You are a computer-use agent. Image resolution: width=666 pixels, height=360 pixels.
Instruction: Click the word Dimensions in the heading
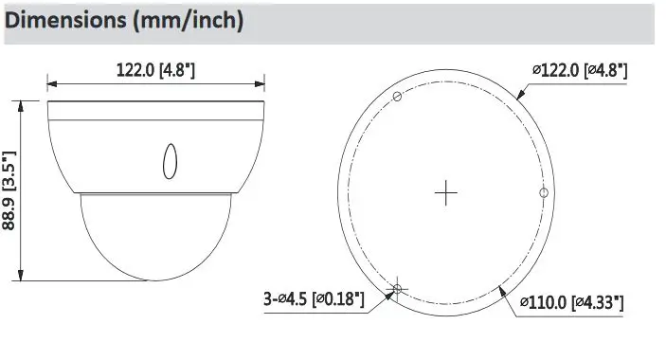[65, 20]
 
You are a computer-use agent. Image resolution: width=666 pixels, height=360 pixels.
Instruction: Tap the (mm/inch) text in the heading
[189, 21]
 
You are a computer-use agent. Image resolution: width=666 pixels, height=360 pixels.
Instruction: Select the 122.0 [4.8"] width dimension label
[155, 70]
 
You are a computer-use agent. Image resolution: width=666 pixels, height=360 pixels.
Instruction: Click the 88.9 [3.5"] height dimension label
[9, 190]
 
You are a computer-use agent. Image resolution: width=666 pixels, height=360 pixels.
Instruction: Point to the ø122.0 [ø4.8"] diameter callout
[580, 70]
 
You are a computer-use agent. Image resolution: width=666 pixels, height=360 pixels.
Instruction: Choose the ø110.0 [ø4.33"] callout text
[572, 303]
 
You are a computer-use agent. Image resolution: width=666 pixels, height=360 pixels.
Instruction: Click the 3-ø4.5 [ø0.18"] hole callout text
[314, 298]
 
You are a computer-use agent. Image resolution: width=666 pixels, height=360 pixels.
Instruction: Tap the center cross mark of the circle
[445, 192]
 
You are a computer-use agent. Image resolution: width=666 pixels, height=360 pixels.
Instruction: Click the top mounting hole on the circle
[397, 97]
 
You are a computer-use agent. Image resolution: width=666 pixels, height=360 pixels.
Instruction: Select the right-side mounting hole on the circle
[544, 193]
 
